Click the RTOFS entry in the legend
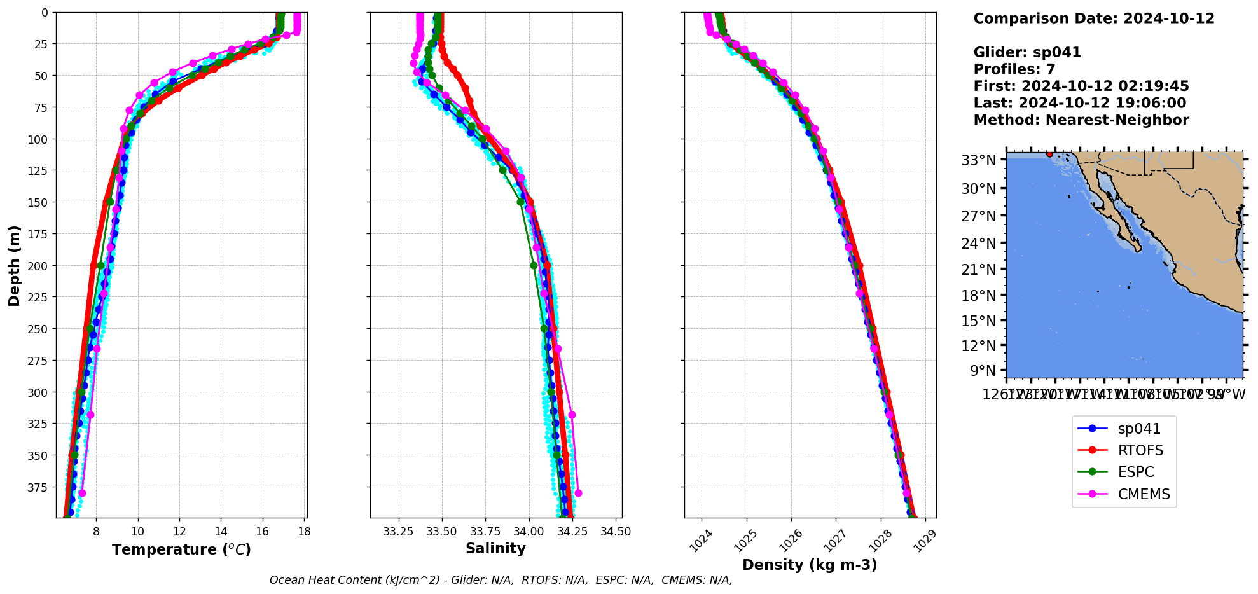tap(1140, 450)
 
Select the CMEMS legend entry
tap(1144, 494)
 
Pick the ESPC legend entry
tap(1135, 472)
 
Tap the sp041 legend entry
tap(1139, 429)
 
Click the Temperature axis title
tap(181, 549)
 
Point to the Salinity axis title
tap(495, 548)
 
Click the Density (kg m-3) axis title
tap(810, 565)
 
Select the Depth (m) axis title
tap(14, 265)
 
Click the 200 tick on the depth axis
tap(39, 265)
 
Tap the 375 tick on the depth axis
tap(39, 487)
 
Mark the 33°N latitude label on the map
tap(978, 160)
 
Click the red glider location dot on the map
tap(1049, 154)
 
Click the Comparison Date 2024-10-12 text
tap(1094, 18)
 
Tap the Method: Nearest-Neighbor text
tap(1081, 120)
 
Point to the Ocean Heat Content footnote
tap(501, 580)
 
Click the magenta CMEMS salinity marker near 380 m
tap(578, 493)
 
